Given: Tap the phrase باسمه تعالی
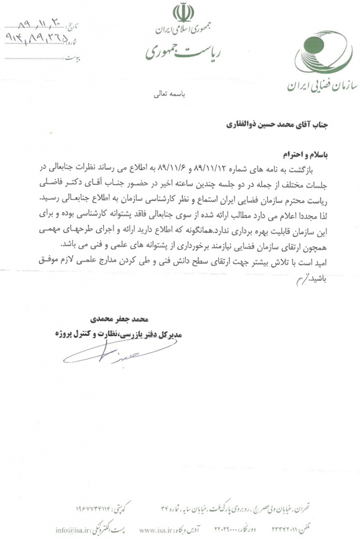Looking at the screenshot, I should (166, 96).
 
